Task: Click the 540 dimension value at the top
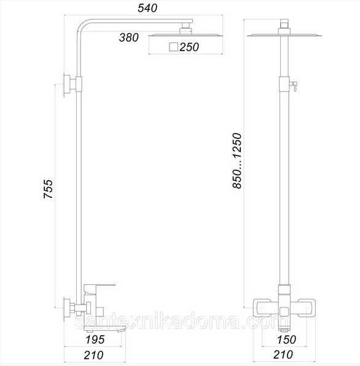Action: tap(147, 8)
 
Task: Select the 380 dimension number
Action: tap(129, 38)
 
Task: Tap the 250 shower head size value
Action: tap(189, 47)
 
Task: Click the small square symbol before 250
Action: tap(173, 47)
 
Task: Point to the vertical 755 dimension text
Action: tap(49, 189)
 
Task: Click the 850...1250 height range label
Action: tap(237, 161)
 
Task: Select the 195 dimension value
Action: tap(95, 340)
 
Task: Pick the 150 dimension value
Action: tap(286, 340)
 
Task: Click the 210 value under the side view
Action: tap(93, 356)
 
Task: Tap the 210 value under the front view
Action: tap(283, 355)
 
